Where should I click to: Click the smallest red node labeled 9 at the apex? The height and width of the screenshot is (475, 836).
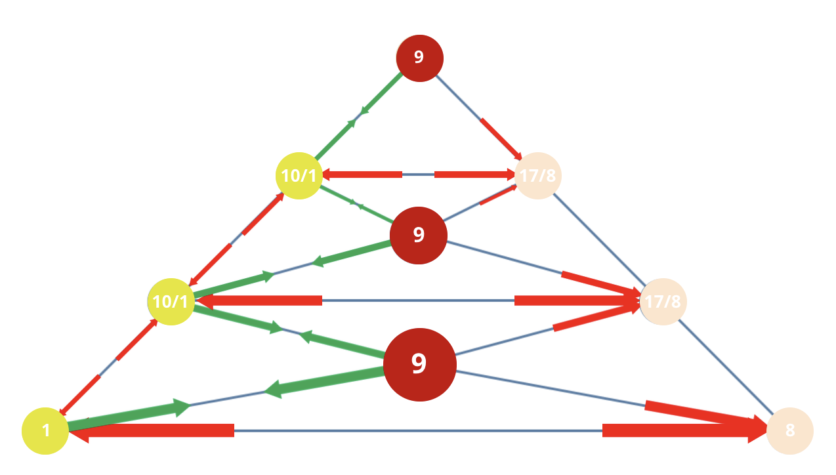(419, 58)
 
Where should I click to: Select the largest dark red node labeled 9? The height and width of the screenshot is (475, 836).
(420, 365)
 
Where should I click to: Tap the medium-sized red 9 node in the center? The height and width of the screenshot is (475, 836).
(419, 236)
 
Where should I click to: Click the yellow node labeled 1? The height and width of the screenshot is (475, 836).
(45, 431)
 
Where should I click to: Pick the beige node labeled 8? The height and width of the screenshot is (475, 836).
(789, 431)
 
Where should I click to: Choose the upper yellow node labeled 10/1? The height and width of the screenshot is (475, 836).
(299, 175)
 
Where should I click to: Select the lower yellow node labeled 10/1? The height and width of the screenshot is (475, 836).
(171, 302)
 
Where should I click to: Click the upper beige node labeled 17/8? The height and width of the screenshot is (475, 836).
(538, 175)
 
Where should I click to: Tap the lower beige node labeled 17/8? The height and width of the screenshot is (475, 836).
(663, 302)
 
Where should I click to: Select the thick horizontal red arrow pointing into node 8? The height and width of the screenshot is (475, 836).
(685, 430)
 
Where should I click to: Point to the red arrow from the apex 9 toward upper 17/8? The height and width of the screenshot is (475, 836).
(501, 139)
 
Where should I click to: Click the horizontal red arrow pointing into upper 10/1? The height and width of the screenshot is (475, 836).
(362, 175)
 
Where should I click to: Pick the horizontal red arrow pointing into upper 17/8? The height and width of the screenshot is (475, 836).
(474, 175)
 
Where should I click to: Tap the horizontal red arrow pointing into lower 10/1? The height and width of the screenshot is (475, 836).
(259, 300)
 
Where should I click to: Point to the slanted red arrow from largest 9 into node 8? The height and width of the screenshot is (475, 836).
(706, 415)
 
